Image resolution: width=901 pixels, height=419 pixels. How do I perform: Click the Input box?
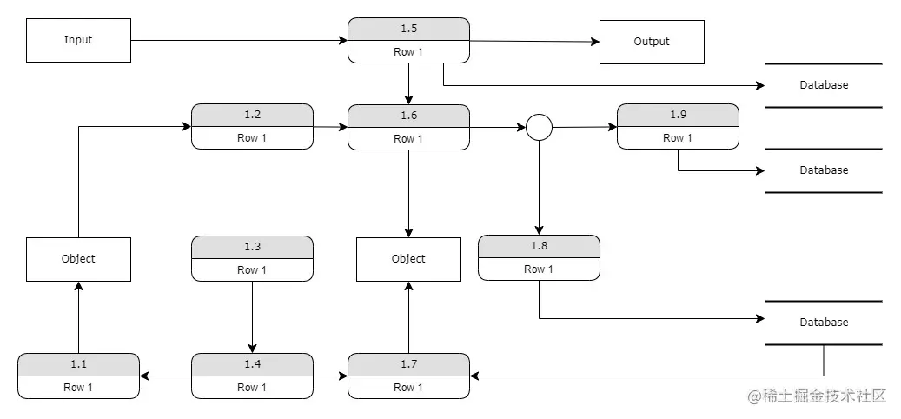click(78, 40)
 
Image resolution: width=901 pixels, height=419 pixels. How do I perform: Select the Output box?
click(652, 42)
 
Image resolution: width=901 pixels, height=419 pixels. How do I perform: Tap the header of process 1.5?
click(408, 29)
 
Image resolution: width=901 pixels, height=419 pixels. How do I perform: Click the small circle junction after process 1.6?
click(539, 128)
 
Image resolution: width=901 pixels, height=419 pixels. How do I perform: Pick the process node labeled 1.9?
click(678, 126)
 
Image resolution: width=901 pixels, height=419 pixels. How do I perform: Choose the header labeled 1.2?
click(252, 115)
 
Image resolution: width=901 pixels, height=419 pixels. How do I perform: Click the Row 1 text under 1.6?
click(408, 139)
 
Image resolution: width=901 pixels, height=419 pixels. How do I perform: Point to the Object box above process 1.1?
click(78, 259)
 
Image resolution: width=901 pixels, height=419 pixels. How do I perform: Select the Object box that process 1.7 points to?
click(408, 259)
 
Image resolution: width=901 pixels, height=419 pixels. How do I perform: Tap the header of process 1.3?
click(252, 247)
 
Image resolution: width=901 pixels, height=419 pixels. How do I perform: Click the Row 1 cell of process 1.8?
click(539, 269)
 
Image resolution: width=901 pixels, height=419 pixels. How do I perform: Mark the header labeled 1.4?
click(252, 364)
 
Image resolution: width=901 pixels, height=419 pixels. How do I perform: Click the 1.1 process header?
click(78, 364)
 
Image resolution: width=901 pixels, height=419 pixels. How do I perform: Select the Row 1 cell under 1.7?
click(408, 388)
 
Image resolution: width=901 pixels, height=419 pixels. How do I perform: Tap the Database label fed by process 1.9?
click(824, 170)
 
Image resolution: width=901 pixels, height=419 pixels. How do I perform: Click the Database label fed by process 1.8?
click(824, 323)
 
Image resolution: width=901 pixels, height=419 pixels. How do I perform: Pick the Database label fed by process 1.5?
click(824, 85)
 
